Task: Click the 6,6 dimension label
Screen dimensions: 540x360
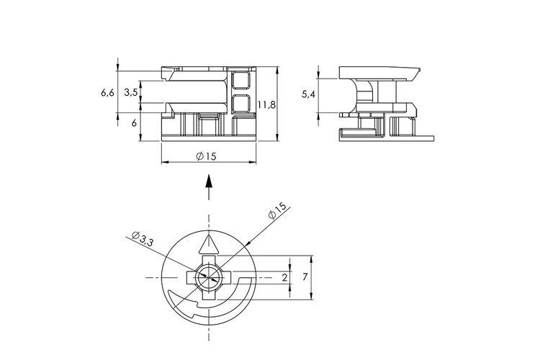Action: tap(107, 92)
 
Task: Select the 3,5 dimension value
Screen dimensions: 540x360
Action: tap(131, 92)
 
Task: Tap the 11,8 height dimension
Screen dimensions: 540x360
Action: tap(266, 104)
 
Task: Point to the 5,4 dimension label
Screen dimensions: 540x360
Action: tap(308, 94)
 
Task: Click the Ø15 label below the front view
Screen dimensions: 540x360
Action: tap(207, 156)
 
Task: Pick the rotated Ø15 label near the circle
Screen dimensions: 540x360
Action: tap(278, 210)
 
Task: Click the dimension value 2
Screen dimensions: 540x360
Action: tap(284, 277)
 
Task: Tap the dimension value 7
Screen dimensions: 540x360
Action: tap(305, 276)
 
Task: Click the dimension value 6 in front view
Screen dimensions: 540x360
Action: tap(134, 123)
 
